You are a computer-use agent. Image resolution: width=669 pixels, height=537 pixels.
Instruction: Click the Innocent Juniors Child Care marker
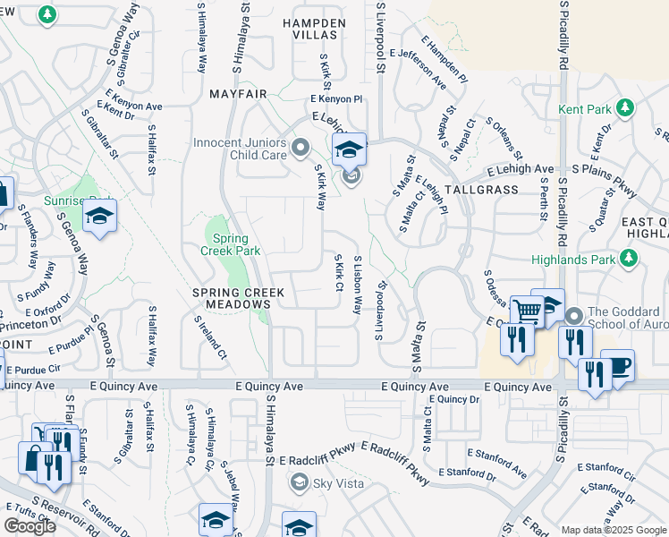[x=301, y=146]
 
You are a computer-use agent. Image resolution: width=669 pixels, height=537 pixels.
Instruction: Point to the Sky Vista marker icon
[x=298, y=483]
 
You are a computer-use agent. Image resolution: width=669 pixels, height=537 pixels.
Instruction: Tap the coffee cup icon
[x=617, y=365]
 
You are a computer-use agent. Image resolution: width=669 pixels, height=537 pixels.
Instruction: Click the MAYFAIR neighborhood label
[x=239, y=93]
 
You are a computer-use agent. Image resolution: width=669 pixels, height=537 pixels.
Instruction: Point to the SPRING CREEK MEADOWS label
[x=239, y=299]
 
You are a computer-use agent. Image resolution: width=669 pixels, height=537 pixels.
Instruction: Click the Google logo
[x=30, y=525]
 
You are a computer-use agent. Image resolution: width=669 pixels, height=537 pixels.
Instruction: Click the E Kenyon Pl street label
[x=336, y=99]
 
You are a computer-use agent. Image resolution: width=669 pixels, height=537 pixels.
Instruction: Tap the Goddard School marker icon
[x=573, y=316]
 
